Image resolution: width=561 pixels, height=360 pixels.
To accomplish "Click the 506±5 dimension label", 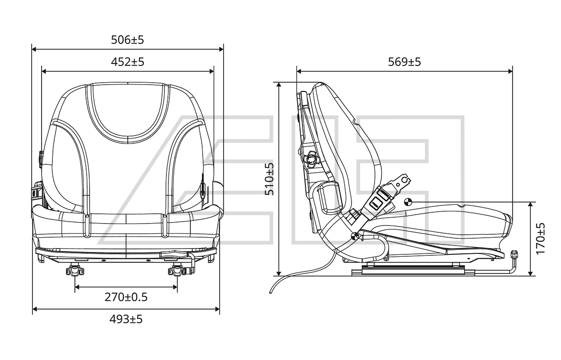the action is click(x=127, y=40).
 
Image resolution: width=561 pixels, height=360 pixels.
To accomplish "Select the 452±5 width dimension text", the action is click(x=127, y=62).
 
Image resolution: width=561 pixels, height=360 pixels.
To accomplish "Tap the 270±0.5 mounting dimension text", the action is click(x=126, y=297).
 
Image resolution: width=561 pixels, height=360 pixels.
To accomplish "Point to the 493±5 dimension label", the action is click(x=126, y=319).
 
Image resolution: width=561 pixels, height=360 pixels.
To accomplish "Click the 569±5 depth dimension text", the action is click(x=405, y=62).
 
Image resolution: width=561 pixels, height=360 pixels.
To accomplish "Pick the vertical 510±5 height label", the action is click(x=269, y=179).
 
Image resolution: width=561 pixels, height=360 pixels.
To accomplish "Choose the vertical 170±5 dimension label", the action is click(x=540, y=238).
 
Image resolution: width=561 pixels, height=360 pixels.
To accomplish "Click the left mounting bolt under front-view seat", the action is click(x=75, y=270).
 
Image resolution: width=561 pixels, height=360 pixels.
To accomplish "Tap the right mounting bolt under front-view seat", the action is click(x=177, y=270).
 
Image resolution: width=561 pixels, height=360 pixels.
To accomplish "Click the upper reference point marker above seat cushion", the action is click(x=408, y=202).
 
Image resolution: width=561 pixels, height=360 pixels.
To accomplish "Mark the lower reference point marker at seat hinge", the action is click(x=355, y=236).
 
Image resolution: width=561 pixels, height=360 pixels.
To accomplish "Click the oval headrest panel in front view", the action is click(x=128, y=112).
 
